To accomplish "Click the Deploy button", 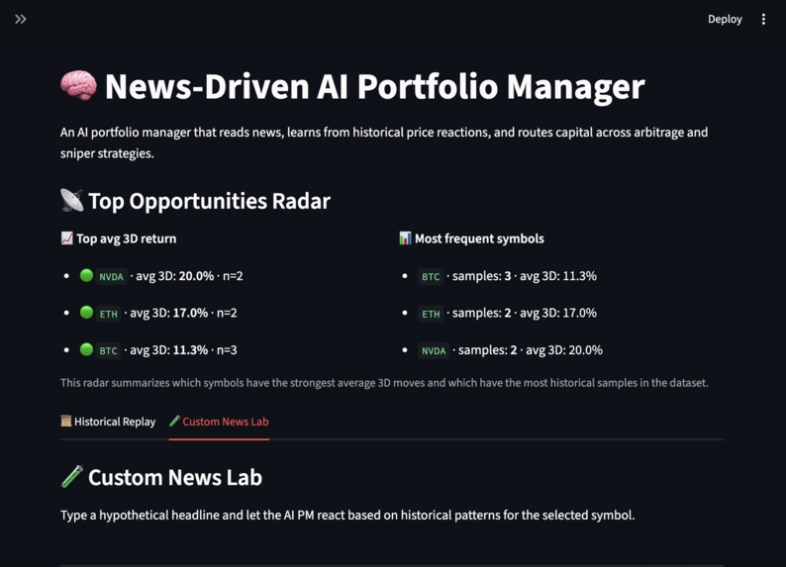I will click(x=725, y=19).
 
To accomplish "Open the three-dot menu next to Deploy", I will click(x=763, y=19).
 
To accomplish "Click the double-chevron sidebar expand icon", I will click(x=21, y=19).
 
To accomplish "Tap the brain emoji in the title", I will click(x=78, y=86).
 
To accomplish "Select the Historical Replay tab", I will click(x=108, y=422).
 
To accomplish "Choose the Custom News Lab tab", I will click(x=219, y=422).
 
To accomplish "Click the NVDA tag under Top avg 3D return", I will click(x=112, y=277).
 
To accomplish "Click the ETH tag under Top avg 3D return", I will click(x=109, y=314).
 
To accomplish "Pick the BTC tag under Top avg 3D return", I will click(x=109, y=350).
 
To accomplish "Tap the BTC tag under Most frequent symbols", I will click(x=431, y=277).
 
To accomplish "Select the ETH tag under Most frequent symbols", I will click(x=431, y=314).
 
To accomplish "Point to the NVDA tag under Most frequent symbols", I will click(x=434, y=350).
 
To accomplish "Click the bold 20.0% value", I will click(x=196, y=276).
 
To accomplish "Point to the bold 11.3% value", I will click(x=190, y=350).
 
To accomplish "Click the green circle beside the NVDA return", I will click(x=86, y=276).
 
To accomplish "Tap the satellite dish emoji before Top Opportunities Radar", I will click(x=72, y=201).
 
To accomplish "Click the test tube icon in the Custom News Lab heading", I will click(x=72, y=477).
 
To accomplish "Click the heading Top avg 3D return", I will click(x=126, y=238).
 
